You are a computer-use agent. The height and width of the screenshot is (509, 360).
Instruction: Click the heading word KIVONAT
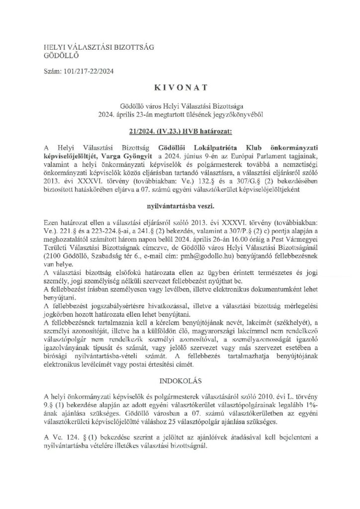point(180,90)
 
